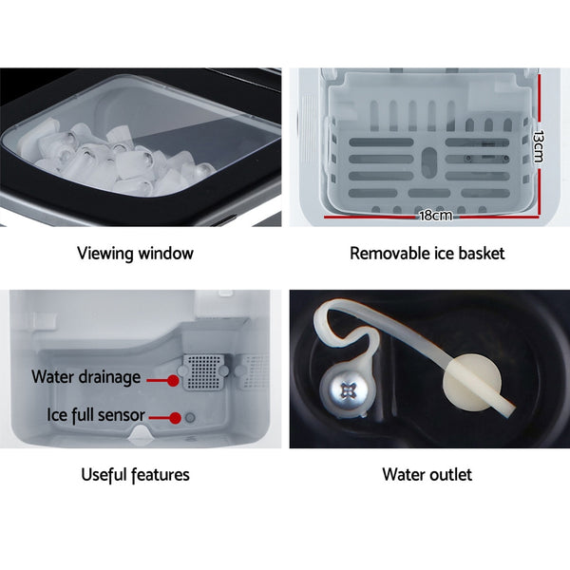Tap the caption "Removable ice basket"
coord(427,254)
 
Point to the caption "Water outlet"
coord(427,474)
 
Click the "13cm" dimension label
coord(537,147)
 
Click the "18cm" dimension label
coord(435,216)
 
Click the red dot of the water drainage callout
coord(173,380)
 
